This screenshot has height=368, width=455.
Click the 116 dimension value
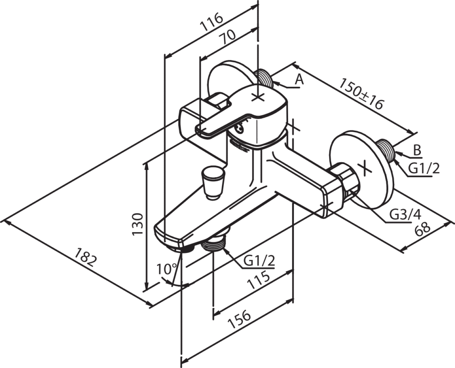click(x=212, y=22)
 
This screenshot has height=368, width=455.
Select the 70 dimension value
click(x=227, y=37)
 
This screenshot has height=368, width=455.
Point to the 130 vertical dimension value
click(x=138, y=224)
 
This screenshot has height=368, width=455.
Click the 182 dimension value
click(x=85, y=257)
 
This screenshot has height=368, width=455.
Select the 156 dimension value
click(x=239, y=319)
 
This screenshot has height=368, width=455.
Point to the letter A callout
click(x=299, y=80)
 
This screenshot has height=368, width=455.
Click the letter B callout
click(x=417, y=151)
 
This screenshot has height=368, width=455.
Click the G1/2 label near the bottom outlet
click(x=259, y=261)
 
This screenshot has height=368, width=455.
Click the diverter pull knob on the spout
click(x=213, y=183)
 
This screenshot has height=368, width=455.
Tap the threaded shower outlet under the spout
click(x=213, y=243)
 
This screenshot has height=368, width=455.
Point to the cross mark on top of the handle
click(x=258, y=98)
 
